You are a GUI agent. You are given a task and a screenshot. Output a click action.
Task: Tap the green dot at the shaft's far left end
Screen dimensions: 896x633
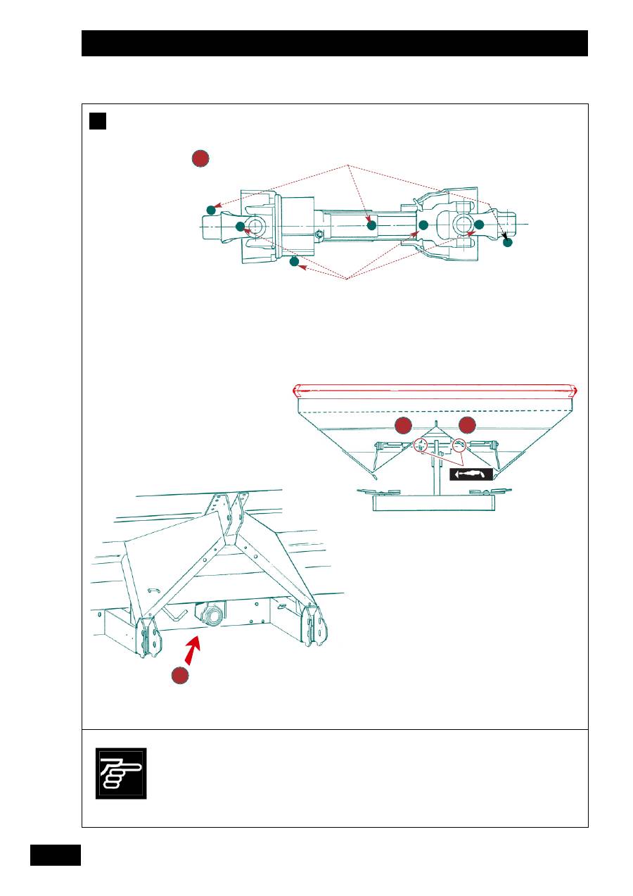210,210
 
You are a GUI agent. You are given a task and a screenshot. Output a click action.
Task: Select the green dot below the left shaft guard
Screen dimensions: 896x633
294,263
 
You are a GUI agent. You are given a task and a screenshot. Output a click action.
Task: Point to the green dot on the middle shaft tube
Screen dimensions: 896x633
371,225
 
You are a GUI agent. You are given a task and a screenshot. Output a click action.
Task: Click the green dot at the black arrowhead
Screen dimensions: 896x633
508,242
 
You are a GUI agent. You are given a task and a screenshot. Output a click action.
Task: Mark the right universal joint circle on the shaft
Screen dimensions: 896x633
463,225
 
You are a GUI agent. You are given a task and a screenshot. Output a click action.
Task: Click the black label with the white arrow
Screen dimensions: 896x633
470,474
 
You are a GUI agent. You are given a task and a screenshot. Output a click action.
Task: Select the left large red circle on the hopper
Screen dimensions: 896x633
403,425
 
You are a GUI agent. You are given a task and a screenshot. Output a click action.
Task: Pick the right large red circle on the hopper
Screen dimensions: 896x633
468,425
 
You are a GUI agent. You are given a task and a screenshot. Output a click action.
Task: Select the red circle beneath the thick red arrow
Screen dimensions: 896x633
181,676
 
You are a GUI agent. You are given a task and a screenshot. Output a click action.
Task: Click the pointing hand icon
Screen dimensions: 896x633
121,773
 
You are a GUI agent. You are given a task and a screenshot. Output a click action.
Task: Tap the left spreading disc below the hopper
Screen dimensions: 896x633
378,491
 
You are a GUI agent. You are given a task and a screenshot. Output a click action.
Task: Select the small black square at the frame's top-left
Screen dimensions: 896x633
97,121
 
